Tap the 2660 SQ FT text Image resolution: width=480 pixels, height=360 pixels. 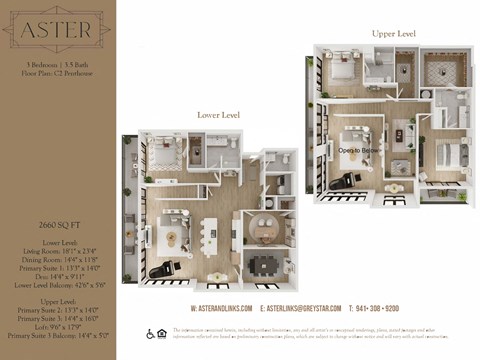click(56, 227)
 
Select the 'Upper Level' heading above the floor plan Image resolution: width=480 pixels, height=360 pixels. click(393, 33)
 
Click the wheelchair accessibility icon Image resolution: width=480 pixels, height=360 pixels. click(150, 333)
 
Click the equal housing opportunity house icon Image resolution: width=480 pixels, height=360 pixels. click(162, 333)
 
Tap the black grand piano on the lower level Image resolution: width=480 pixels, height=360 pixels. click(163, 266)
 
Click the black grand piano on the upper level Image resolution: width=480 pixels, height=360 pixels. click(350, 177)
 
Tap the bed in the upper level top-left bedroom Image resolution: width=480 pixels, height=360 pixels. click(337, 70)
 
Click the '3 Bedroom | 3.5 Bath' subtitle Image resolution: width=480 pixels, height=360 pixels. click(56, 64)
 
